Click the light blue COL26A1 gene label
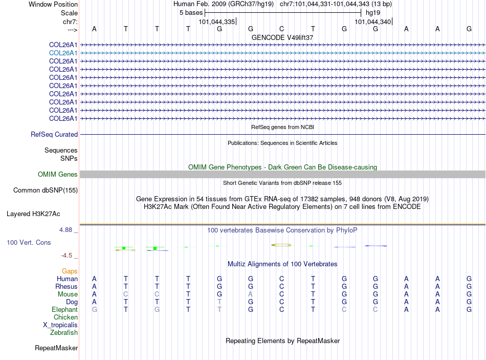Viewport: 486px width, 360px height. pyautogui.click(x=63, y=53)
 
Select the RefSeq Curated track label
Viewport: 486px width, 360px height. pyautogui.click(x=54, y=135)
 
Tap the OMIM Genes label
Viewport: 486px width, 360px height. pyautogui.click(x=58, y=175)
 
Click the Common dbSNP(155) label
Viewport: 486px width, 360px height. pyautogui.click(x=45, y=190)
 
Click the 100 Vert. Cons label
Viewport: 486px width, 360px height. pyautogui.click(x=29, y=242)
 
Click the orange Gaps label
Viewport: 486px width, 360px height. pyautogui.click(x=70, y=271)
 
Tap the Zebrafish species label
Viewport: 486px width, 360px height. pyautogui.click(x=64, y=333)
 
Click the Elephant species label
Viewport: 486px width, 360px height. pyautogui.click(x=64, y=310)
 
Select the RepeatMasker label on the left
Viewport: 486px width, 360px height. pyautogui.click(x=56, y=348)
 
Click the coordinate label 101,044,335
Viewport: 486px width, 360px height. pyautogui.click(x=217, y=22)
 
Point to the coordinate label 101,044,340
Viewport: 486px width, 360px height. pyautogui.click(x=373, y=22)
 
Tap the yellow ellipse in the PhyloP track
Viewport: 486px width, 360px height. pyautogui.click(x=281, y=245)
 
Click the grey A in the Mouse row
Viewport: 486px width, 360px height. pyautogui.click(x=251, y=294)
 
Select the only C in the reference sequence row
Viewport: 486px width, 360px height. pyautogui.click(x=281, y=29)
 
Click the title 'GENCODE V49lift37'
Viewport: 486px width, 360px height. pyautogui.click(x=282, y=38)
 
